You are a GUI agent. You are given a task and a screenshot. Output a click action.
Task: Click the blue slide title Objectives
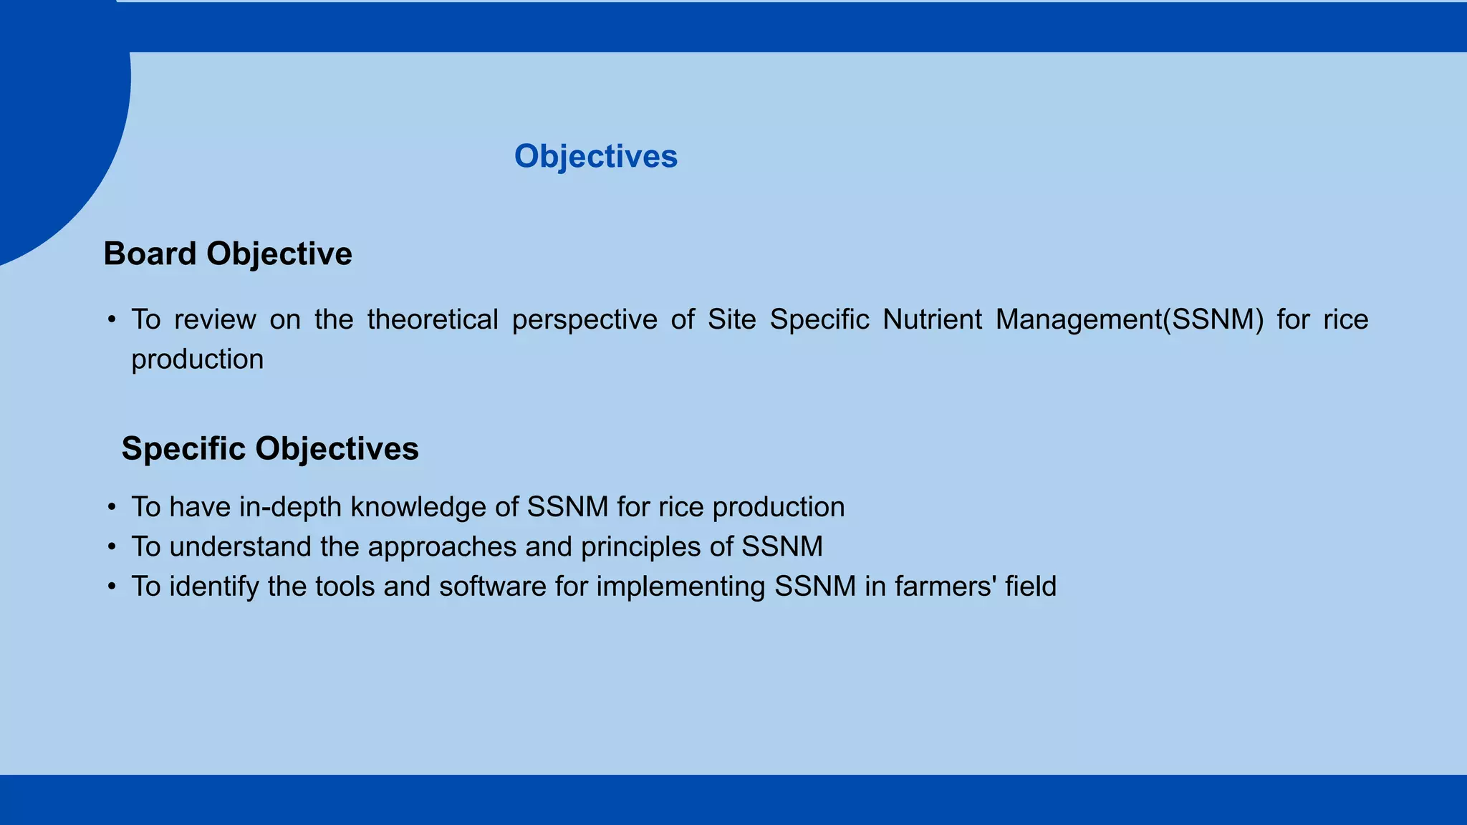pos(595,156)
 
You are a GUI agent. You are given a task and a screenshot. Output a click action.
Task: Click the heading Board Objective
pos(228,254)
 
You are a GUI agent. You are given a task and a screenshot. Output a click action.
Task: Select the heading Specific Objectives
pos(270,448)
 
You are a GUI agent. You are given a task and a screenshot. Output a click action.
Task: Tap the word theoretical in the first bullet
pos(432,319)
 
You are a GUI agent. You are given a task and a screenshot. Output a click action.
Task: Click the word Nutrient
pos(931,319)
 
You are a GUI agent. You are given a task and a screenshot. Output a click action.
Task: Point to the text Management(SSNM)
pos(1130,319)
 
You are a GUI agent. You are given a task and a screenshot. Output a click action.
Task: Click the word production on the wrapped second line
pos(197,360)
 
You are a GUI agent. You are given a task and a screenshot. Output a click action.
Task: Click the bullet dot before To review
pos(112,320)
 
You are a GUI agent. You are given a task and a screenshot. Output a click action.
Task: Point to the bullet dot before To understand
pos(112,547)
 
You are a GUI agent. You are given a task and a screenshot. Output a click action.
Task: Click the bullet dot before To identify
pos(112,587)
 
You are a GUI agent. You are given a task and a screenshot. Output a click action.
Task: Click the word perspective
pos(585,319)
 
